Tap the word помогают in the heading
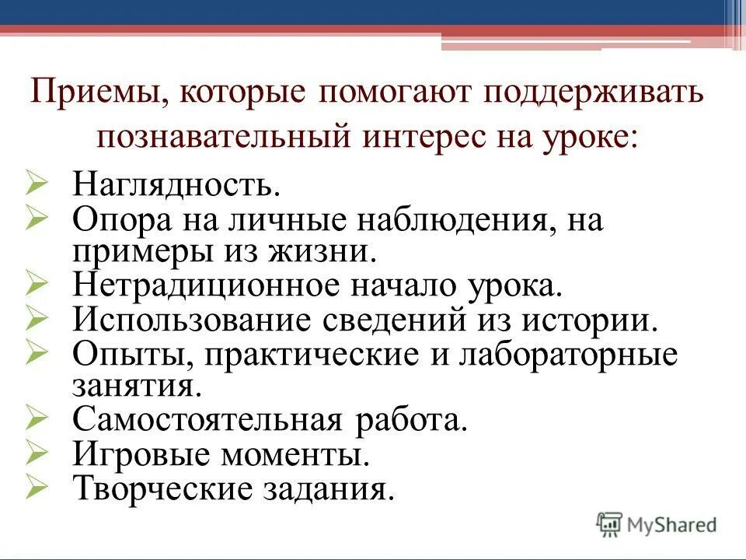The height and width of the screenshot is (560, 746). click(x=392, y=94)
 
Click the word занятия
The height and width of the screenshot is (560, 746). click(x=132, y=386)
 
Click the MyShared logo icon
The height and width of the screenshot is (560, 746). click(x=610, y=524)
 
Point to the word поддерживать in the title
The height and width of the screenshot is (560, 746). click(x=596, y=94)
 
